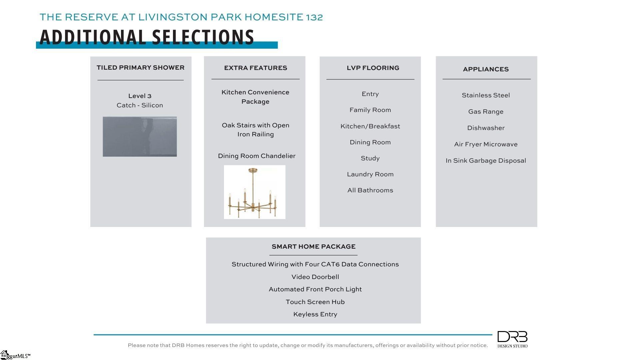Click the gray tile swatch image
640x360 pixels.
click(x=140, y=137)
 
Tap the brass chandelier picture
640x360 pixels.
click(x=255, y=192)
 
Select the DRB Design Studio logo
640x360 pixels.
click(x=512, y=339)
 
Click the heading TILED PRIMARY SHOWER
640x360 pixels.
click(x=140, y=68)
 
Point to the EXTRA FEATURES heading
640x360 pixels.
click(x=255, y=68)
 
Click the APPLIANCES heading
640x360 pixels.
click(x=486, y=69)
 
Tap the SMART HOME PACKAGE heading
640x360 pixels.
click(x=313, y=247)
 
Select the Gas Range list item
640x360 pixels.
click(x=486, y=112)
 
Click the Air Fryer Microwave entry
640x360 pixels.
click(x=486, y=144)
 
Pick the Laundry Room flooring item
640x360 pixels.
click(x=370, y=174)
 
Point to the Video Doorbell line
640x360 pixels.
click(x=315, y=277)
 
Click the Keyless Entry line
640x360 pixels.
click(x=315, y=314)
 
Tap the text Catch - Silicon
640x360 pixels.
click(x=140, y=105)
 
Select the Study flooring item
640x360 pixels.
click(x=370, y=158)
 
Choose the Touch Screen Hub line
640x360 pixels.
click(x=315, y=302)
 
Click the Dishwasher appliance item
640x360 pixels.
click(x=486, y=128)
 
